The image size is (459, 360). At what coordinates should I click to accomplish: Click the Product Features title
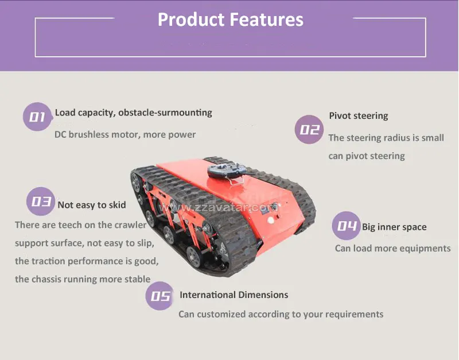pos(231,20)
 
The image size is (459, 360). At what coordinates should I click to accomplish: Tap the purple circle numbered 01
pos(37,117)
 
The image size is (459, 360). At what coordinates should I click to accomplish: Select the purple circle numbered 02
pos(309,129)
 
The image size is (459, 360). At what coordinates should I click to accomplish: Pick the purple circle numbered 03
pos(41,201)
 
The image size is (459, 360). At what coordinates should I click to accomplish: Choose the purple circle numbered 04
pos(347,226)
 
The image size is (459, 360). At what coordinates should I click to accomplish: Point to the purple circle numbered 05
pos(160,296)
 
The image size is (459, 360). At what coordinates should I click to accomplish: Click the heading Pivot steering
pos(359,116)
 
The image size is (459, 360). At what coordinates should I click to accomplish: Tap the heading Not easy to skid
pos(92,205)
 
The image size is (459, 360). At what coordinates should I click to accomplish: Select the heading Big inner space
pos(394,227)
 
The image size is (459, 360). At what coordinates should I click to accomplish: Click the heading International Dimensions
pos(234,295)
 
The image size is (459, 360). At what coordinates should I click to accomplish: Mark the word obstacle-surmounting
pos(165,113)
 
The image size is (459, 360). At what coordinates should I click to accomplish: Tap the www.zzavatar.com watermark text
pos(218,207)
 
